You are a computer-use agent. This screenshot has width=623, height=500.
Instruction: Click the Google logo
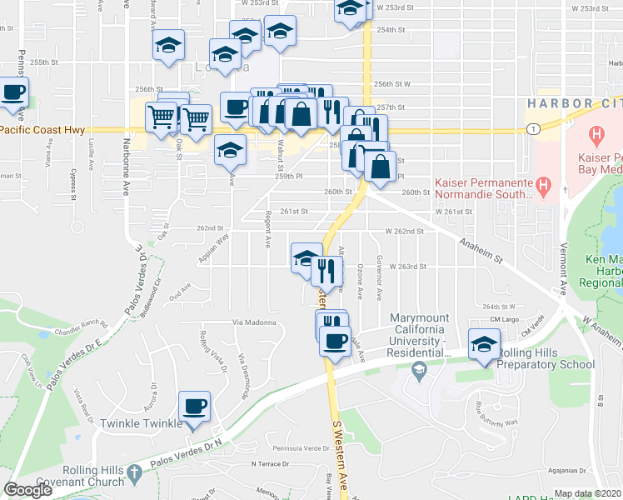click(x=27, y=491)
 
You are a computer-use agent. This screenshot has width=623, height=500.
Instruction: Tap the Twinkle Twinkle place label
click(x=141, y=423)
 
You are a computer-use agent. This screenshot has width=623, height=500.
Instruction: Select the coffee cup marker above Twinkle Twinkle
click(x=195, y=407)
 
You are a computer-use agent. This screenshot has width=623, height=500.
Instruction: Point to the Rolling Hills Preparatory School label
click(x=545, y=364)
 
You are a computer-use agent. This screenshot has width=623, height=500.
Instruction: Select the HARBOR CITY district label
click(x=574, y=102)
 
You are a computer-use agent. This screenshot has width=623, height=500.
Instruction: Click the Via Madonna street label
click(x=253, y=322)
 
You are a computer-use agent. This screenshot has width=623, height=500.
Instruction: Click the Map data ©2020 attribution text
click(x=586, y=493)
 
